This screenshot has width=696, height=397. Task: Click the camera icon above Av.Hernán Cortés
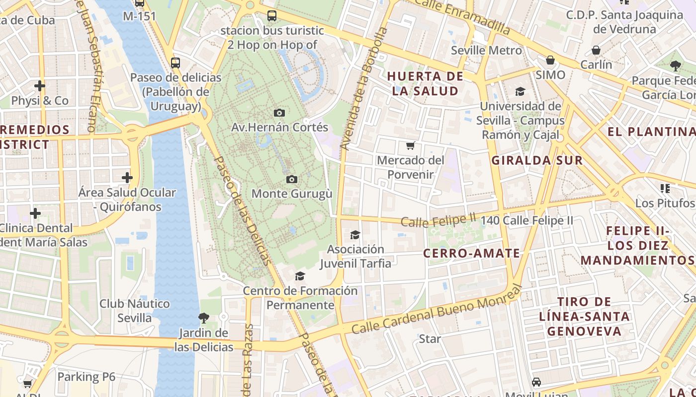click(279, 113)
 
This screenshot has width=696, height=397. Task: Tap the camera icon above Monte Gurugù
click(292, 179)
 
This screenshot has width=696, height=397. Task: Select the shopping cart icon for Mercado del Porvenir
click(410, 145)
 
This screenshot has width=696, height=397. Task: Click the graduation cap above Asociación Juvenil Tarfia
click(355, 235)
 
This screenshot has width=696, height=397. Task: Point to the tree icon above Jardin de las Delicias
click(203, 318)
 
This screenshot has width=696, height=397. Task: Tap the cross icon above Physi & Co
click(40, 86)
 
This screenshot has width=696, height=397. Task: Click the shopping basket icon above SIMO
click(550, 60)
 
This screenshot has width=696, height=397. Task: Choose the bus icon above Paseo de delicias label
click(175, 63)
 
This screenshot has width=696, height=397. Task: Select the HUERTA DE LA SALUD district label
click(425, 83)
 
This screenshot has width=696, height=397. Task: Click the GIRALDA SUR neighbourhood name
click(537, 160)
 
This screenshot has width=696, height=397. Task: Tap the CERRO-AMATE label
click(471, 253)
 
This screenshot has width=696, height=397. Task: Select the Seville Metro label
click(486, 50)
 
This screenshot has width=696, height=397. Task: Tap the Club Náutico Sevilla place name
click(134, 310)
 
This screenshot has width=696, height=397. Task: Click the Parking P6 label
click(86, 377)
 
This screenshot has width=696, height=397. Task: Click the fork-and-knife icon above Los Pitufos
click(665, 188)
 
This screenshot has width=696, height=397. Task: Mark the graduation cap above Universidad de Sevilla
click(520, 91)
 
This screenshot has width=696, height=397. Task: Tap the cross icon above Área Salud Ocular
click(127, 177)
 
